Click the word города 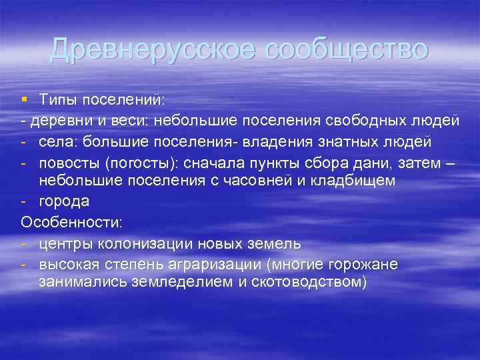63,201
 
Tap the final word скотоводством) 315,281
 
